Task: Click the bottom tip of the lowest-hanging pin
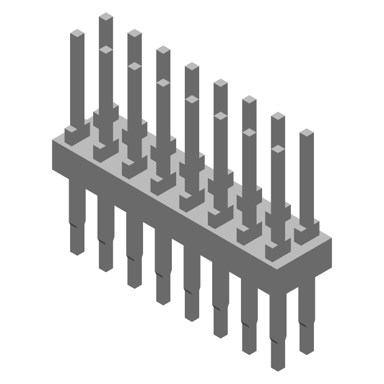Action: click(278, 367)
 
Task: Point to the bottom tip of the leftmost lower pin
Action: click(77, 251)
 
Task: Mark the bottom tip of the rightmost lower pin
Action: click(306, 350)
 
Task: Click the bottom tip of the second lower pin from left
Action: click(106, 268)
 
